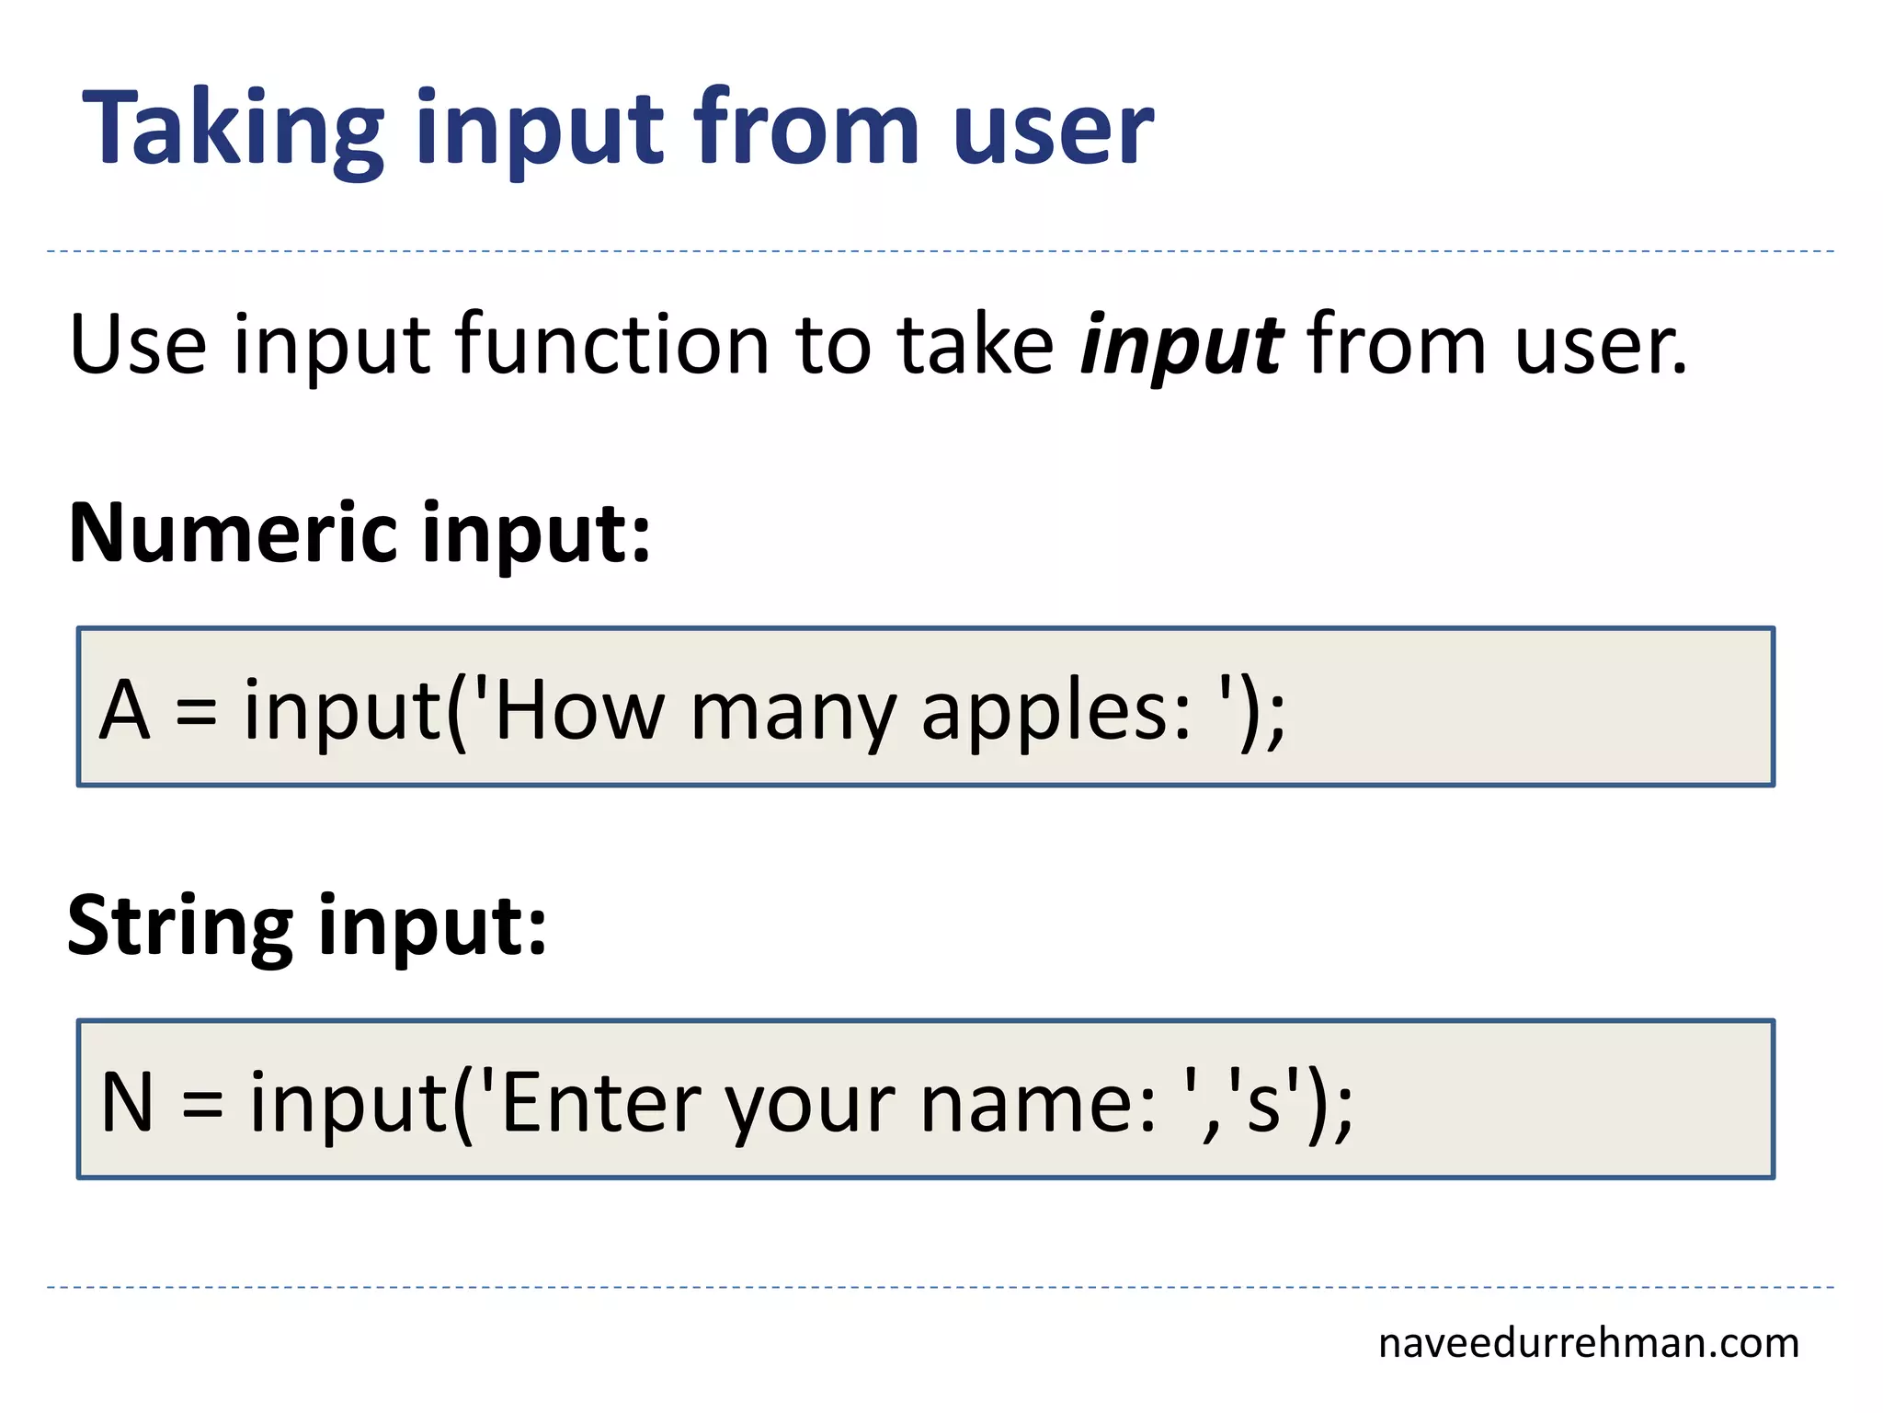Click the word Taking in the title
(x=233, y=129)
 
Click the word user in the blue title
(x=1052, y=129)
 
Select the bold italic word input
(x=1181, y=346)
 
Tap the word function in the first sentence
(x=612, y=346)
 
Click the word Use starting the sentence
(x=138, y=346)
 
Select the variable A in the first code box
(x=124, y=710)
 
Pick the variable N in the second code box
(x=126, y=1102)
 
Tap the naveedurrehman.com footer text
(x=1588, y=1343)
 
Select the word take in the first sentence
(x=975, y=346)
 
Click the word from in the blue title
(x=806, y=129)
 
